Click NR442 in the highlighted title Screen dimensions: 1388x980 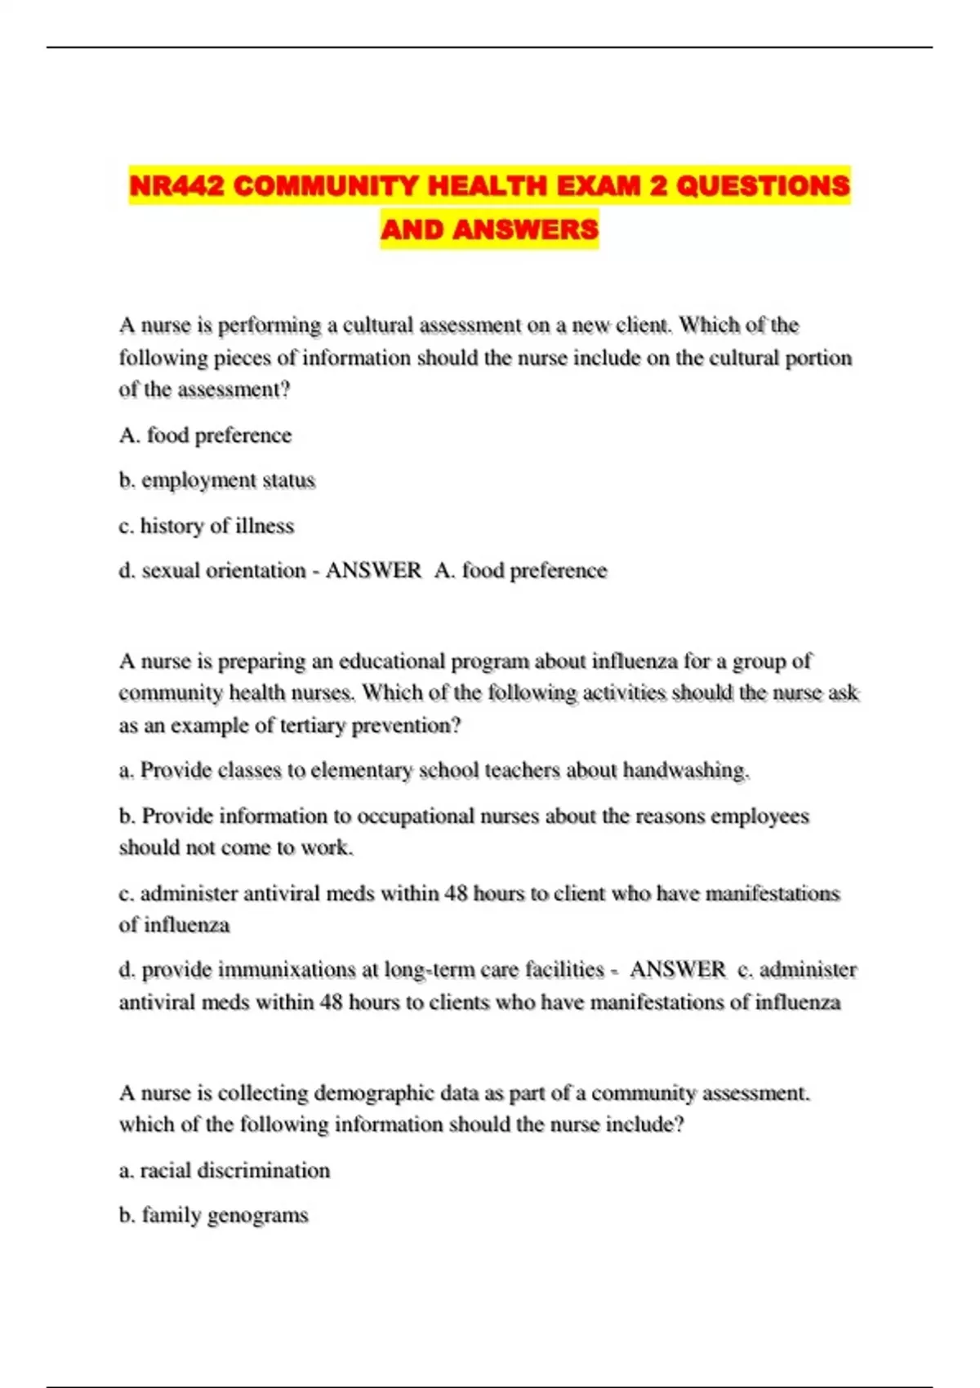(176, 186)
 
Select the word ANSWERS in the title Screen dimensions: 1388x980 (525, 229)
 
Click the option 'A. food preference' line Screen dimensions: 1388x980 (205, 435)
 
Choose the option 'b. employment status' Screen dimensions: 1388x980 (216, 480)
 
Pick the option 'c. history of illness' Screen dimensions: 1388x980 (206, 526)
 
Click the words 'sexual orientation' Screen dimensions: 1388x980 (224, 571)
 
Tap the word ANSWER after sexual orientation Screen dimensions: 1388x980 (373, 571)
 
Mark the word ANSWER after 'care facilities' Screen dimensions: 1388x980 (677, 970)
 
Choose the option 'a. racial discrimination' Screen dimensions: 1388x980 (225, 1171)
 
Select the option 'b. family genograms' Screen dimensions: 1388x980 (213, 1216)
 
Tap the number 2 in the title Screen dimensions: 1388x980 (657, 186)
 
